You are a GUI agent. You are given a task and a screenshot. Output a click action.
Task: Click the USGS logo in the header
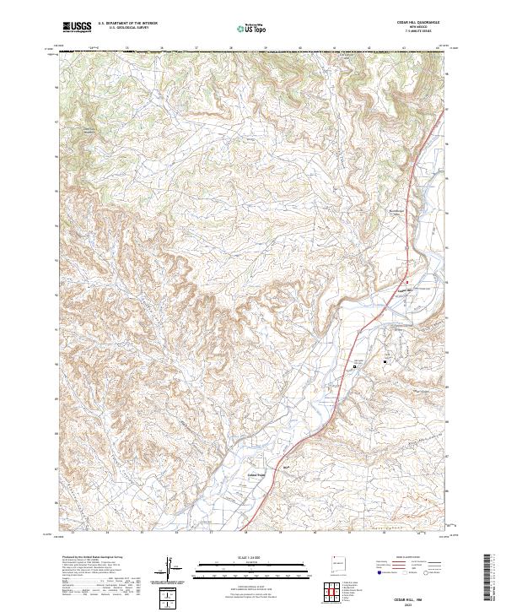click(77, 27)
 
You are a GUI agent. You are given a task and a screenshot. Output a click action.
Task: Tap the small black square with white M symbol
click(386, 362)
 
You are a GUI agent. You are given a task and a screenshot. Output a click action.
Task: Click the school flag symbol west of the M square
click(356, 365)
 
